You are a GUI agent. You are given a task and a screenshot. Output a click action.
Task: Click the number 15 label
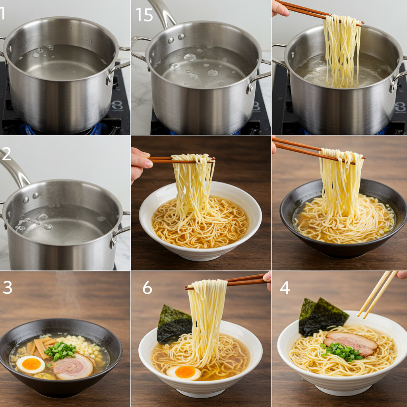coord(144,15)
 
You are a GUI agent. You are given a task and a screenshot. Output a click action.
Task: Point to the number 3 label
coord(8,287)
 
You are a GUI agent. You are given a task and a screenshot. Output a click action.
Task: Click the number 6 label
coord(147,287)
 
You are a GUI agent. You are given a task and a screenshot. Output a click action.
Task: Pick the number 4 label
coord(284,287)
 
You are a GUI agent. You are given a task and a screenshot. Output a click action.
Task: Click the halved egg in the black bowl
coord(31,364)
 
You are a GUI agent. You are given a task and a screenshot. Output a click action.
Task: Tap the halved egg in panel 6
coord(184,372)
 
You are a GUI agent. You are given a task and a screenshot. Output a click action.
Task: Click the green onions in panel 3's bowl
coord(60,351)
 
